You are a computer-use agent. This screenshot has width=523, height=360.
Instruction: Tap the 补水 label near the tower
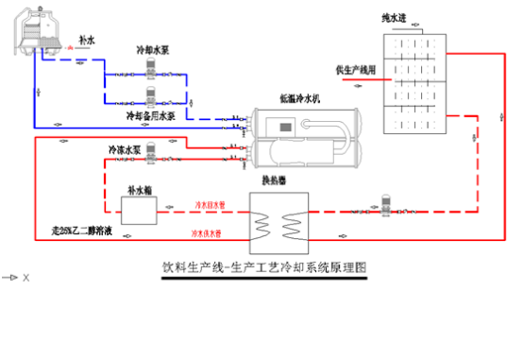click(x=87, y=41)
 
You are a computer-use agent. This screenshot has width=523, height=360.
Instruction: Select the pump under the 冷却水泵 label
click(x=149, y=69)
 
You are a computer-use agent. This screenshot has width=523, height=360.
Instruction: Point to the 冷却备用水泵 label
click(x=151, y=116)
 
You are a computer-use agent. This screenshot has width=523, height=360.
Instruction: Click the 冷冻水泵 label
click(x=125, y=149)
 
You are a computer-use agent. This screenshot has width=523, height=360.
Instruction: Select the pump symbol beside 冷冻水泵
click(x=150, y=146)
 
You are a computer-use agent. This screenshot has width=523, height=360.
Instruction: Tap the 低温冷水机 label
click(x=300, y=98)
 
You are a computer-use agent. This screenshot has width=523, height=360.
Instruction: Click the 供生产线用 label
click(x=355, y=69)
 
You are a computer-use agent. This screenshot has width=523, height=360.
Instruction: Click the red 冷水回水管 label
click(x=210, y=203)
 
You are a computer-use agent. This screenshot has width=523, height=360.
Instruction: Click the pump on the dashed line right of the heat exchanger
click(x=385, y=203)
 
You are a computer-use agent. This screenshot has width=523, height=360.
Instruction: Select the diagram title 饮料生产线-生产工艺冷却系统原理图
click(x=263, y=267)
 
